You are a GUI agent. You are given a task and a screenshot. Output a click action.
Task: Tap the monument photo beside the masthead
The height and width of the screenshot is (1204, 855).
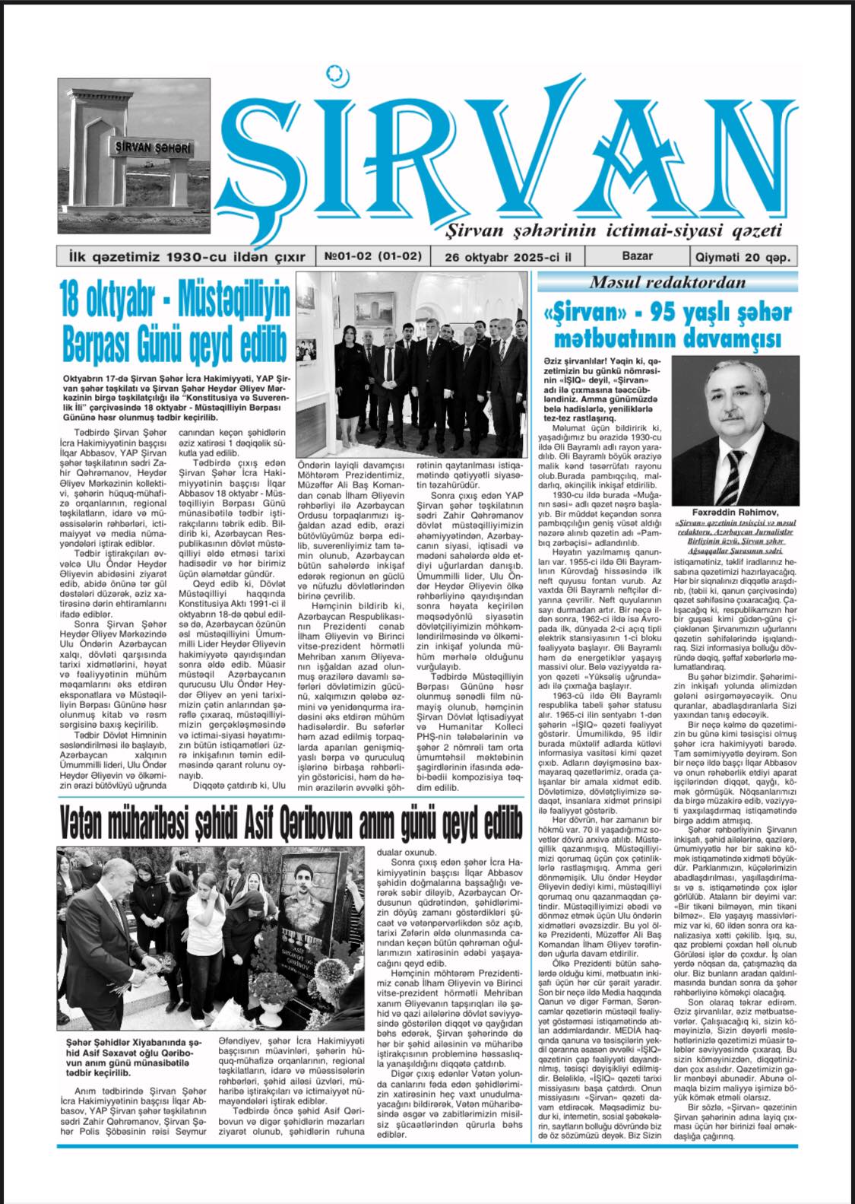[134, 156]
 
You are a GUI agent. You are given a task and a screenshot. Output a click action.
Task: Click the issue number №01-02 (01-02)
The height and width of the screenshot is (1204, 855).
[373, 257]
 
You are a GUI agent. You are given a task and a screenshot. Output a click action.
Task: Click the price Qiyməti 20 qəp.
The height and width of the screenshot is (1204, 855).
[742, 257]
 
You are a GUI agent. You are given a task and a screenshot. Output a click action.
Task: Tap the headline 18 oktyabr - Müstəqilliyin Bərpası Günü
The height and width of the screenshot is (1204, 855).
[175, 324]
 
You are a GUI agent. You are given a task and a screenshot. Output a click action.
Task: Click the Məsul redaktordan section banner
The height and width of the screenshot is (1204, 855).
[668, 283]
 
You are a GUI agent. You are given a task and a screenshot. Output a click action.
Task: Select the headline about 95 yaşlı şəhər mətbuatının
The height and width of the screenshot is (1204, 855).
[668, 324]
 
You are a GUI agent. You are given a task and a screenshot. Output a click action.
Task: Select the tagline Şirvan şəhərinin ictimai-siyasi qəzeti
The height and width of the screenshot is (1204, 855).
[606, 230]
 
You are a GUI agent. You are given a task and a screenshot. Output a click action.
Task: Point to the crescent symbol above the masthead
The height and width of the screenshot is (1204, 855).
[332, 73]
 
